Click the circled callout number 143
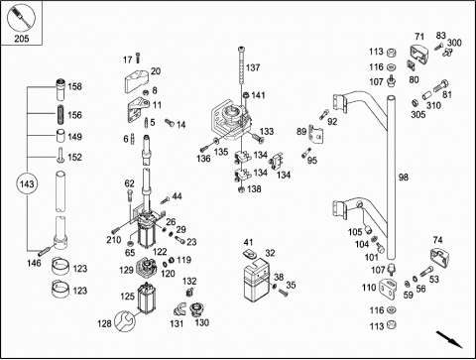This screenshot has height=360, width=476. pos(27,183)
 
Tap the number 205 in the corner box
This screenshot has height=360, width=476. pos(22,39)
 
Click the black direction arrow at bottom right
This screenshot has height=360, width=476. pos(449,339)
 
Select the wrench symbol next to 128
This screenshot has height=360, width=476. pos(125,321)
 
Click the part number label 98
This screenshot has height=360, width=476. pos(404,178)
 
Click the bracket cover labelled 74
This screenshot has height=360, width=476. pos(440,258)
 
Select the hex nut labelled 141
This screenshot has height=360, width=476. pos(246,95)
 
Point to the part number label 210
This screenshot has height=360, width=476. pos(113,240)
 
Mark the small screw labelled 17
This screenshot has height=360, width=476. pos(138,59)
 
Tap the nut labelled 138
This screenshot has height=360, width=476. pos(241,189)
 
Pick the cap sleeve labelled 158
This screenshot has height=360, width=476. pos(60,89)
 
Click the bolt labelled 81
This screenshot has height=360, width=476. pos(440,85)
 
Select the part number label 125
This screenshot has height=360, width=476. pos(127,297)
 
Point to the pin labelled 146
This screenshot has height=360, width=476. pos(45,251)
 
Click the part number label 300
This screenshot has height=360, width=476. pos(454,43)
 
